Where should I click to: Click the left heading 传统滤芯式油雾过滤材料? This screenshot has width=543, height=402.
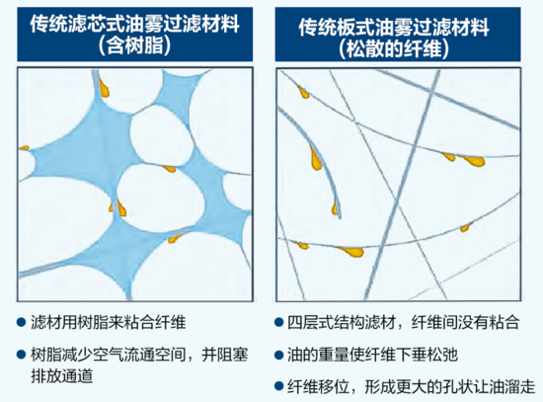(x=134, y=25)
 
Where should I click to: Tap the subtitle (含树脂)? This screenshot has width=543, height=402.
(x=134, y=45)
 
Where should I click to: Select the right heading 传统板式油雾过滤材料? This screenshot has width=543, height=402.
(x=394, y=27)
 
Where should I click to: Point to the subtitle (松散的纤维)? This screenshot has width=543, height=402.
(x=394, y=48)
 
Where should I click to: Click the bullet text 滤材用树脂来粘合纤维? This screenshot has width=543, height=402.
(x=109, y=322)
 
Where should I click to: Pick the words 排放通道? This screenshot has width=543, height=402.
(x=62, y=375)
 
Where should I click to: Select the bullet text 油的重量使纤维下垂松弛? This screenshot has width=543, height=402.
(x=372, y=355)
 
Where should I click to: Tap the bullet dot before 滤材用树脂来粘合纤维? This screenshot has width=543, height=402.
(x=22, y=322)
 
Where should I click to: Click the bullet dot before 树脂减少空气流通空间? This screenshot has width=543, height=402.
(x=22, y=355)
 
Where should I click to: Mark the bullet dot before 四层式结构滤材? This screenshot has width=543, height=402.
(x=279, y=322)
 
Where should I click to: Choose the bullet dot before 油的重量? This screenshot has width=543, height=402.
(x=279, y=356)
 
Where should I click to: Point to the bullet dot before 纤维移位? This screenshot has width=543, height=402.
(x=279, y=386)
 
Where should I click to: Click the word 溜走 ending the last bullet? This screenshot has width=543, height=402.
(x=520, y=386)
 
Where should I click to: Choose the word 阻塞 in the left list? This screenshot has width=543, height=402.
(x=233, y=355)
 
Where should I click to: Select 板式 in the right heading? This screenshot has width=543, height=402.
(x=356, y=27)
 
